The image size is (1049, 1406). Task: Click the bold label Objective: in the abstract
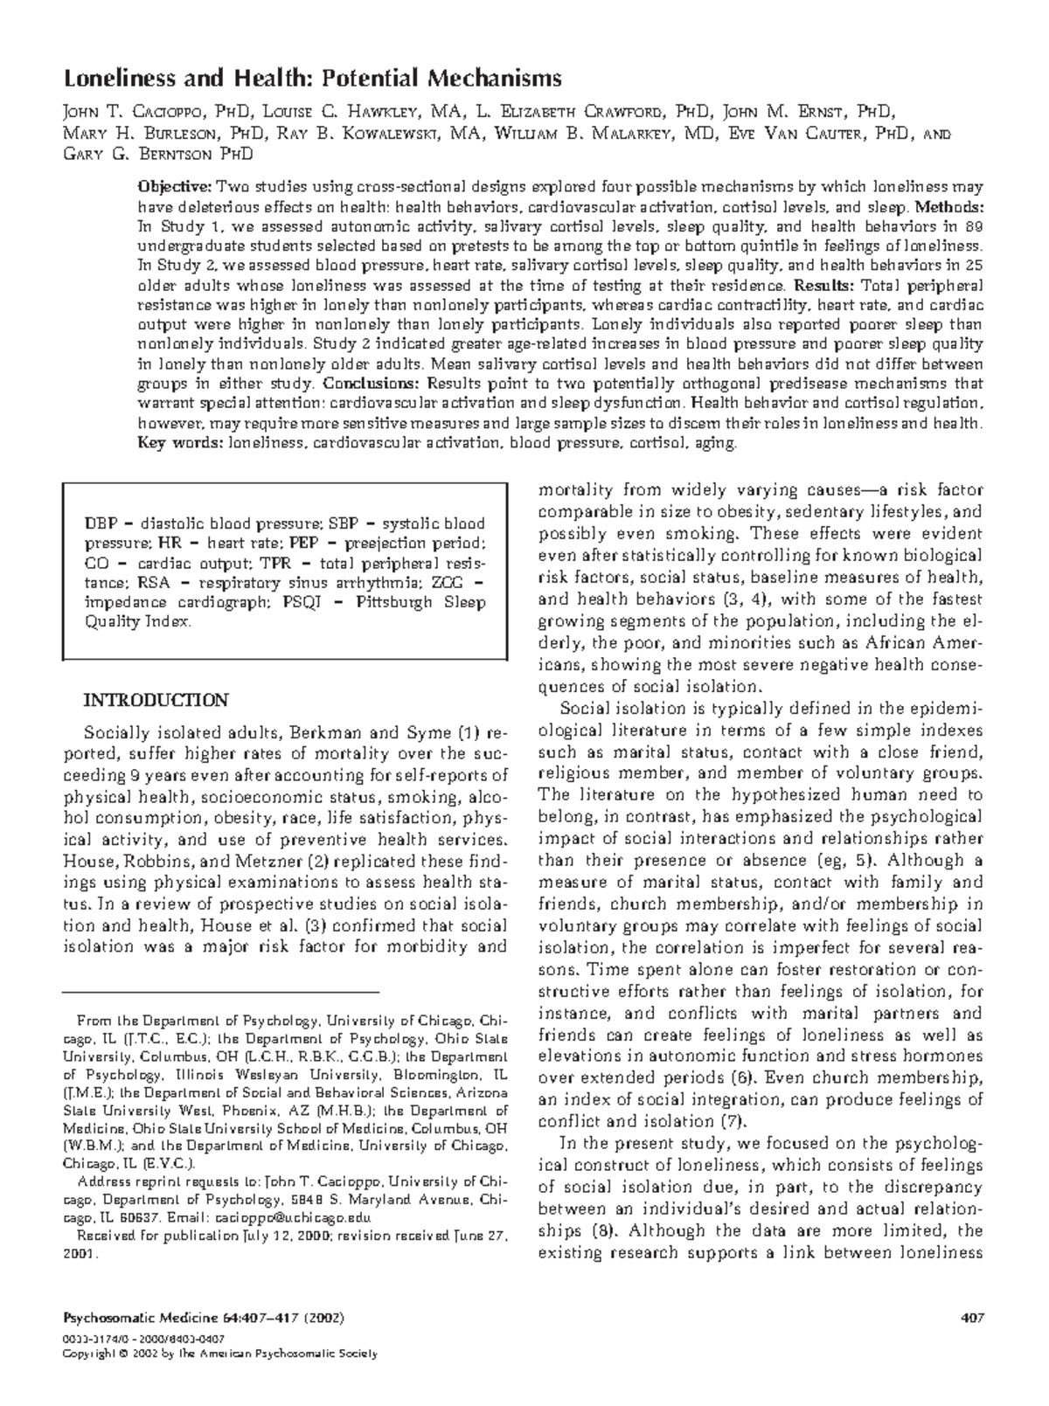point(175,187)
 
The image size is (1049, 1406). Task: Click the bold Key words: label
point(180,443)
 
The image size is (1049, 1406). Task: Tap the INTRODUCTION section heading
point(155,701)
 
